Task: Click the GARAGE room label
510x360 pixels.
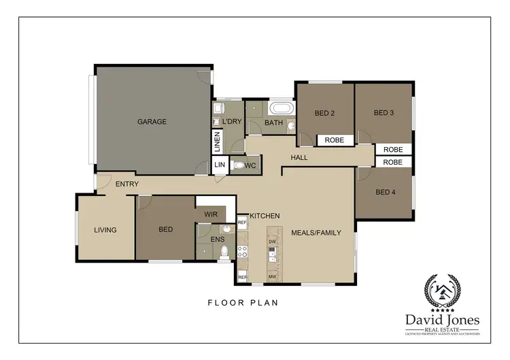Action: tap(152, 122)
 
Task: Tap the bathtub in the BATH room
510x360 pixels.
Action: tap(281, 108)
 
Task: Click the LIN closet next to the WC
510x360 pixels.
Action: tap(220, 165)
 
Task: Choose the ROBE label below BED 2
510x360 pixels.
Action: tap(334, 140)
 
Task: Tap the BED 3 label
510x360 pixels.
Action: tap(384, 113)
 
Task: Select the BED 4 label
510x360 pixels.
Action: tap(385, 192)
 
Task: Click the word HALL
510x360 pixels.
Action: tap(299, 158)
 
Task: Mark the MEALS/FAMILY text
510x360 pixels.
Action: tap(316, 233)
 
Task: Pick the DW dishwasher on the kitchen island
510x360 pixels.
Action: tap(272, 242)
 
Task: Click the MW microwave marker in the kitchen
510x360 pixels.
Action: tap(272, 276)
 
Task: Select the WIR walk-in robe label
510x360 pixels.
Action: tap(211, 214)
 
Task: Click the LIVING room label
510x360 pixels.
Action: tap(105, 230)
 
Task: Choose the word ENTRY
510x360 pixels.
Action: tap(127, 184)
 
